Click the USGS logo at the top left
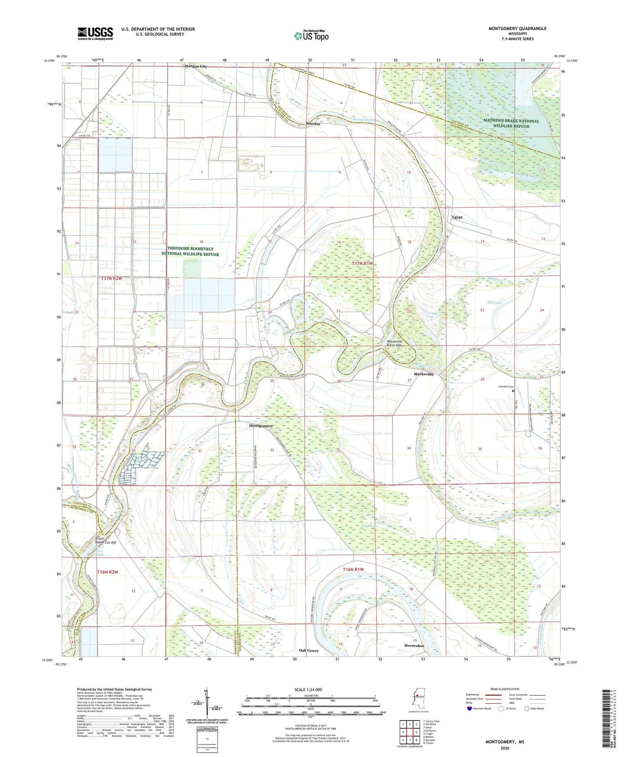click(x=95, y=33)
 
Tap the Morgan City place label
click(x=196, y=66)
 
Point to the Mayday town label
click(x=313, y=124)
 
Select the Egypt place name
click(x=457, y=217)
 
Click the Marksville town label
click(x=423, y=374)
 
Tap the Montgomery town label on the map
click(x=261, y=426)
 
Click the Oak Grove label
click(x=308, y=650)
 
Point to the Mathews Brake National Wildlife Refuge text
click(x=511, y=124)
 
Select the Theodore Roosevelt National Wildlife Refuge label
click(x=190, y=251)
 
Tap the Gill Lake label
click(x=494, y=302)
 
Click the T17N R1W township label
click(x=362, y=264)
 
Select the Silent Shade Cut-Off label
click(x=106, y=540)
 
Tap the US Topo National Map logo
click(x=311, y=36)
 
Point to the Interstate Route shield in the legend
click(x=470, y=709)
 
